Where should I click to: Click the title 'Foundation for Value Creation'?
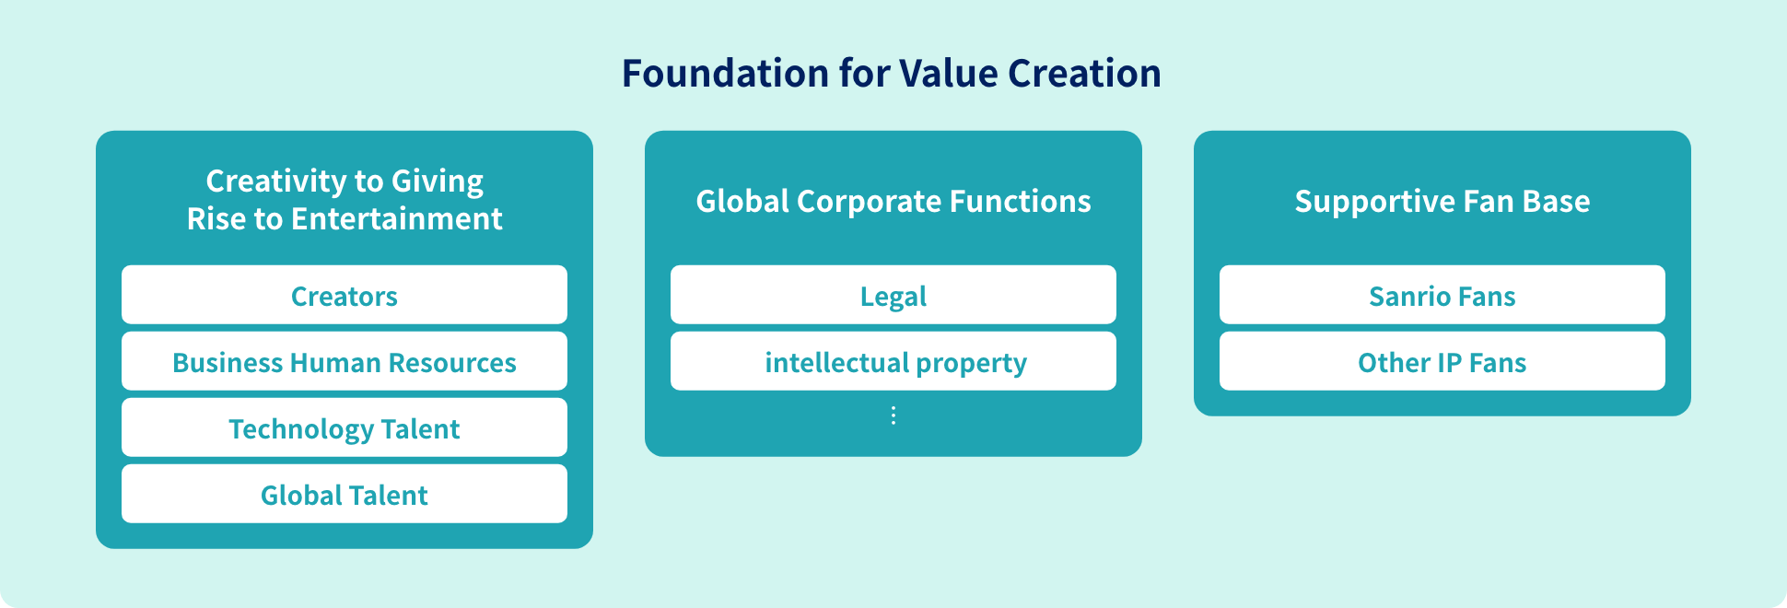click(892, 74)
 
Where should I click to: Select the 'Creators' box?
click(345, 295)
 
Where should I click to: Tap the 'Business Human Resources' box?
click(345, 361)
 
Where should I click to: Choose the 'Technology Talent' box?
click(345, 427)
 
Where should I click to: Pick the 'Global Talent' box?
click(345, 494)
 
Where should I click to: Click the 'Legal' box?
click(893, 295)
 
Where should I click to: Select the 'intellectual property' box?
click(893, 361)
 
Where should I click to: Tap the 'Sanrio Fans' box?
click(1442, 295)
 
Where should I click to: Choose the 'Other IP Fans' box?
click(1442, 361)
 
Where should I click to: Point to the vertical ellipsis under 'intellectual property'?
click(893, 415)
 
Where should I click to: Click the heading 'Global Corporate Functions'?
click(893, 201)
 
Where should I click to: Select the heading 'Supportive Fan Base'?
click(1442, 201)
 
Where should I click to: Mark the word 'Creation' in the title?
click(1085, 74)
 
